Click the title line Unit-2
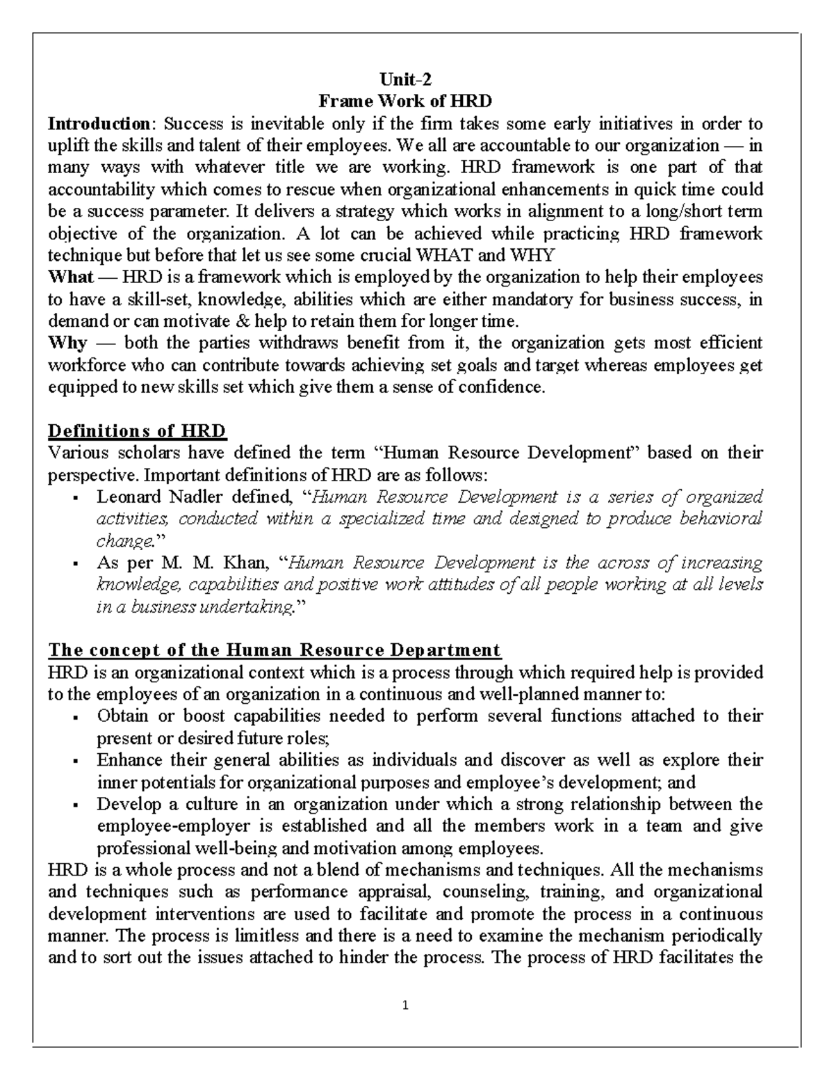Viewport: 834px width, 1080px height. click(404, 79)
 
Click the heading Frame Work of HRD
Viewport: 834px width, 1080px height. click(404, 102)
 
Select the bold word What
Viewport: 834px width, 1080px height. click(70, 277)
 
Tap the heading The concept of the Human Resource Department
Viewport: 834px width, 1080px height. click(274, 650)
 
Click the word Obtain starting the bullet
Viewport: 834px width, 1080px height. click(122, 716)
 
